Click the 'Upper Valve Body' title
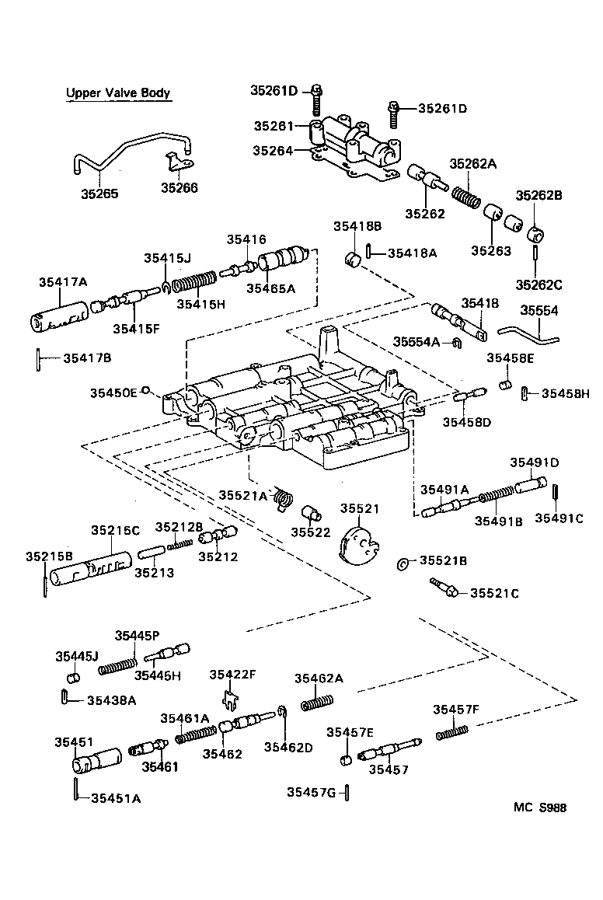coord(117,93)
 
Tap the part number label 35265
coord(100,193)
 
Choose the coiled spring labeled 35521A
coord(286,499)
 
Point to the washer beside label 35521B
coord(403,563)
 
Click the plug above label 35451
coord(96,759)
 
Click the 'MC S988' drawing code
coord(539,808)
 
